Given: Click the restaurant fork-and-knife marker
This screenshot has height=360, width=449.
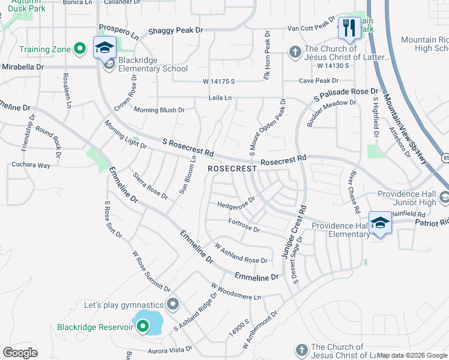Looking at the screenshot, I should pyautogui.click(x=349, y=28).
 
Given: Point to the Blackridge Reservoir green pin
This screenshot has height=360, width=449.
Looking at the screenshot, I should pyautogui.click(x=143, y=326).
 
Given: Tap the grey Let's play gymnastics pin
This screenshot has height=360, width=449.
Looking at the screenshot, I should pyautogui.click(x=173, y=305).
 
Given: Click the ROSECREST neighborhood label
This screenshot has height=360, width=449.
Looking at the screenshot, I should pyautogui.click(x=232, y=169).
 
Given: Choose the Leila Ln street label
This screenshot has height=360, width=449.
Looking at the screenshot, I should pyautogui.click(x=220, y=98).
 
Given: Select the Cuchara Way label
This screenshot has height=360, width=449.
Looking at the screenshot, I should pyautogui.click(x=31, y=164).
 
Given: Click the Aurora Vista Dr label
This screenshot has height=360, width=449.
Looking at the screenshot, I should pyautogui.click(x=170, y=348).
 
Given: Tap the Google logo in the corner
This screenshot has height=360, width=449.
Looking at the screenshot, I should pyautogui.click(x=20, y=352).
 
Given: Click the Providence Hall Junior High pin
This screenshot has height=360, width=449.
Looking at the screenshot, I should pyautogui.click(x=444, y=197).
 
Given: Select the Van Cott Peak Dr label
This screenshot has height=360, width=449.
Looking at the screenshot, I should pyautogui.click(x=311, y=27).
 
